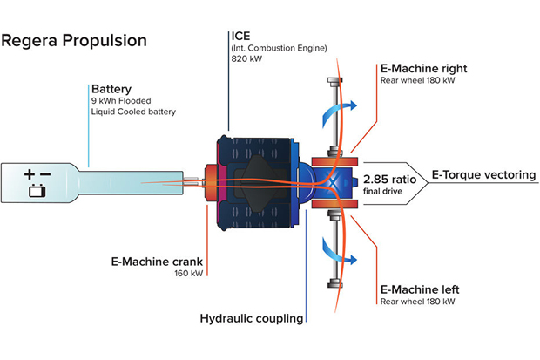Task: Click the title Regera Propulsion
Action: tap(74, 41)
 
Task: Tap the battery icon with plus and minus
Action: tap(38, 180)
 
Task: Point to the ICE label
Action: tap(240, 36)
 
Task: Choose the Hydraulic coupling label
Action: tap(252, 318)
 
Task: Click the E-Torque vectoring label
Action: tap(484, 174)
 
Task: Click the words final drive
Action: tap(384, 188)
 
